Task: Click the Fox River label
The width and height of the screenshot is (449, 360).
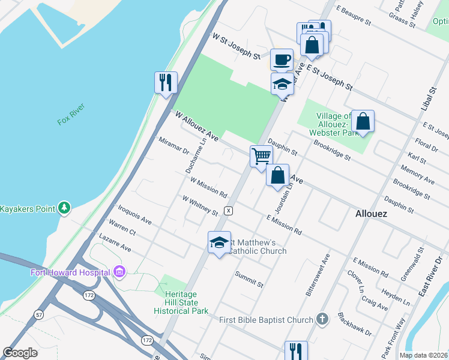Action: [71, 113]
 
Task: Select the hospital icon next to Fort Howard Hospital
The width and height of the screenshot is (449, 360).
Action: [119, 272]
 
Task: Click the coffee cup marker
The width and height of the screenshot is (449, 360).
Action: [282, 60]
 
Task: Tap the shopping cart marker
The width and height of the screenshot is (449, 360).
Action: [261, 156]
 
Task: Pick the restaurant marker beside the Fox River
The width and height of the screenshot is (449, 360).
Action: [166, 82]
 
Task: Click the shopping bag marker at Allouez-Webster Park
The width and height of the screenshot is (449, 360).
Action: [363, 121]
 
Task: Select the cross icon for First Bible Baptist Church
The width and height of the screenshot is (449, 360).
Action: [322, 320]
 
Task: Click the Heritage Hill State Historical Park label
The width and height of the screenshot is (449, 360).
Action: [181, 303]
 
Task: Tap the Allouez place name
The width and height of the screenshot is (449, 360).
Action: [371, 214]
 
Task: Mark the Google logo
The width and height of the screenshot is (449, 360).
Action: [20, 352]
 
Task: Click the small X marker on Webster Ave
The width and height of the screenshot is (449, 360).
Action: [228, 211]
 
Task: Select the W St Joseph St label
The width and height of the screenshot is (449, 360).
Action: [236, 46]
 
